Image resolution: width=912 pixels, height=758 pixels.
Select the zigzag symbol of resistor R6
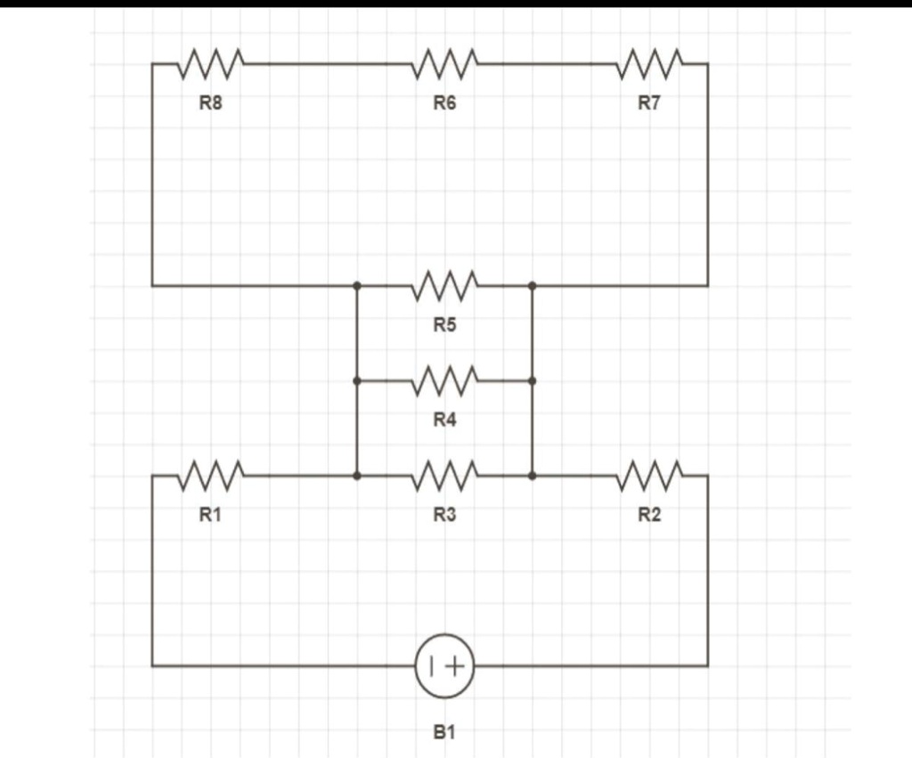[x=445, y=63]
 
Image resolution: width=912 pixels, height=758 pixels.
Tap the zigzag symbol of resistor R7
[x=649, y=63]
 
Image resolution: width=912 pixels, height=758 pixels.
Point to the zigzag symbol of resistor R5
[x=445, y=285]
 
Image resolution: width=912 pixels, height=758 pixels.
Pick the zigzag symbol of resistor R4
[x=445, y=380]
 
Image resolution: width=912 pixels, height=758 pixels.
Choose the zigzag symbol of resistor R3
[x=445, y=476]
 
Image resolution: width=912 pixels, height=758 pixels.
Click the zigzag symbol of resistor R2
[x=649, y=476]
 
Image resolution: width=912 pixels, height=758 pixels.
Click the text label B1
[x=444, y=732]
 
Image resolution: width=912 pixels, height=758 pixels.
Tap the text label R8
[x=210, y=103]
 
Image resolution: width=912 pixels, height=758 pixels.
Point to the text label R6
[x=444, y=103]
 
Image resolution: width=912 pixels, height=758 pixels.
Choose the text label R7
[x=649, y=103]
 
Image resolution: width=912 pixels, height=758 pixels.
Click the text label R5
[x=444, y=325]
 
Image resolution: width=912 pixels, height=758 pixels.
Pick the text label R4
[x=444, y=420]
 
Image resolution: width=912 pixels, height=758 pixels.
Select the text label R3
[x=444, y=515]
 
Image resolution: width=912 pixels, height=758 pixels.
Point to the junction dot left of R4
[x=357, y=380]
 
